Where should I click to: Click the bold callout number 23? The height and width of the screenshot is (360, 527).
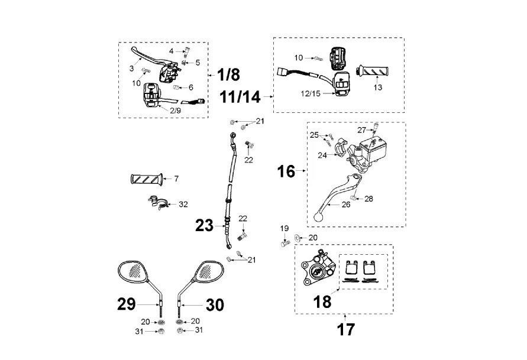click(x=204, y=225)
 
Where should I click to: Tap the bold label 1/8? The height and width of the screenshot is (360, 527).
click(x=228, y=74)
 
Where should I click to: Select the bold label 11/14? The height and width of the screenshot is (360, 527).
click(x=240, y=97)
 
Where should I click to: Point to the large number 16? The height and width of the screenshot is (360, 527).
click(x=286, y=171)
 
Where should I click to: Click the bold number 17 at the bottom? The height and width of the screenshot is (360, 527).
click(x=346, y=329)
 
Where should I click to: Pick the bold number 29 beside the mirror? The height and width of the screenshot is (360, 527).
click(x=127, y=304)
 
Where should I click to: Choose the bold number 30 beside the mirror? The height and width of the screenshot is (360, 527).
click(x=215, y=305)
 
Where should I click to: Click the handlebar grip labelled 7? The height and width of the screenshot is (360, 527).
click(x=147, y=179)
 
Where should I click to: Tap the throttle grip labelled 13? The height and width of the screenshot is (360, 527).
click(x=373, y=71)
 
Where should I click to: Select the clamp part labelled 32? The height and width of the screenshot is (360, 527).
click(x=158, y=203)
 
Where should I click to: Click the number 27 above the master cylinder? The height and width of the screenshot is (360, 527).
click(x=361, y=130)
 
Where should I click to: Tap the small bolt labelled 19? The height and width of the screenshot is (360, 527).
click(x=285, y=243)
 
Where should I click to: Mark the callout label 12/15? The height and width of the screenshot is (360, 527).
click(x=311, y=93)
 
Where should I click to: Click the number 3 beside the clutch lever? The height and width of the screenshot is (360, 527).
click(x=131, y=69)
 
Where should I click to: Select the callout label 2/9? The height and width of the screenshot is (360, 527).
click(x=176, y=111)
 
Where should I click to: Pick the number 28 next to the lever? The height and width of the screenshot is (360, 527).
click(x=368, y=199)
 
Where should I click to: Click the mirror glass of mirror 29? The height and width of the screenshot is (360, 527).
click(x=132, y=270)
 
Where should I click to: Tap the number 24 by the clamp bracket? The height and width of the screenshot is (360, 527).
click(x=322, y=155)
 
